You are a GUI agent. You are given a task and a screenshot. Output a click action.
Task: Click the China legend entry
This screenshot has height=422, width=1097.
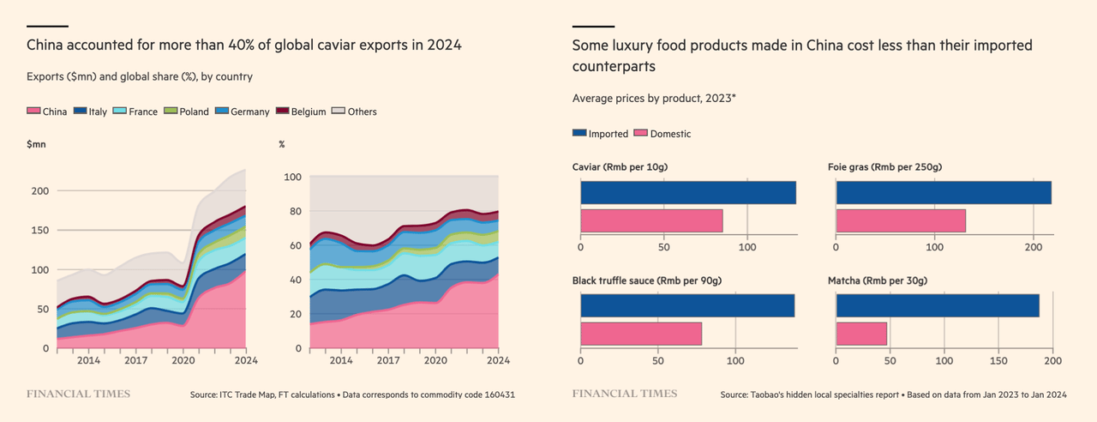click(47, 112)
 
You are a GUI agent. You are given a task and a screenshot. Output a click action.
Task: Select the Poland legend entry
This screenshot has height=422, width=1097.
click(186, 112)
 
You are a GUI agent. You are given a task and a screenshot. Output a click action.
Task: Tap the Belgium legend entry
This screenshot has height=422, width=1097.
click(303, 112)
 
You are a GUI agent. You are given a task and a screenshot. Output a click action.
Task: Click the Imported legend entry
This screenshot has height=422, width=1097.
click(601, 134)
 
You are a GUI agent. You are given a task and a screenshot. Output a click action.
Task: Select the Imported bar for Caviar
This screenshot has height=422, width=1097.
click(688, 193)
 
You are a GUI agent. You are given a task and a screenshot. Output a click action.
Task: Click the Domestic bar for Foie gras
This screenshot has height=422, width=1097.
click(901, 220)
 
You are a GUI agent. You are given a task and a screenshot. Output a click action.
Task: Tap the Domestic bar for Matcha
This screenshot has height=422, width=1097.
click(861, 334)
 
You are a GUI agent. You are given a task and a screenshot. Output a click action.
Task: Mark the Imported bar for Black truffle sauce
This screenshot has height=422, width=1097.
click(687, 306)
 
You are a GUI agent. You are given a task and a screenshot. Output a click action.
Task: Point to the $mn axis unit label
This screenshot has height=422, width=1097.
click(36, 144)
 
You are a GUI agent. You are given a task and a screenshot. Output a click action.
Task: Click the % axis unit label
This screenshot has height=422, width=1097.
click(282, 144)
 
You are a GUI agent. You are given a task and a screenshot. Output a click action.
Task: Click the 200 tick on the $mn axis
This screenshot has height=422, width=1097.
click(39, 190)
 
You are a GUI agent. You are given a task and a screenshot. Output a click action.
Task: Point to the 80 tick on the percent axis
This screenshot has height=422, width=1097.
click(293, 211)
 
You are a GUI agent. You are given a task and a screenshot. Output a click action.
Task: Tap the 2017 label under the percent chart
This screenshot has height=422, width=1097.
click(388, 362)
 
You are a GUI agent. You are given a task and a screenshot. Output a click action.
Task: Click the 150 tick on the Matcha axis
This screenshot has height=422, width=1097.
click(998, 362)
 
